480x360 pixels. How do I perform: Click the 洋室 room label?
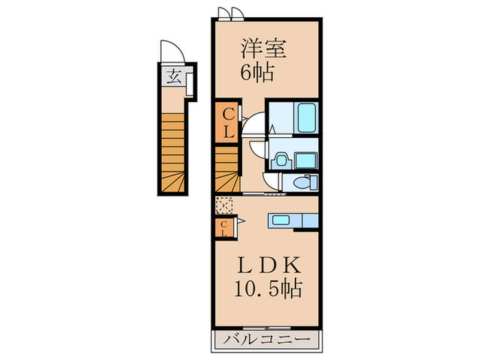pos(263,49)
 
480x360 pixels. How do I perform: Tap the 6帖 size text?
pos(257,71)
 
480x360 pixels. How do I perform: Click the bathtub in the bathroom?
pos(305,119)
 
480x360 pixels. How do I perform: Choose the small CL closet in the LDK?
pos(225,228)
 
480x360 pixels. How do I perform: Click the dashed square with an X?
pos(224,205)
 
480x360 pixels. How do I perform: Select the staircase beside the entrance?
pos(173,152)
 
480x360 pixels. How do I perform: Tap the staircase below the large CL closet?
pos(227,170)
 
